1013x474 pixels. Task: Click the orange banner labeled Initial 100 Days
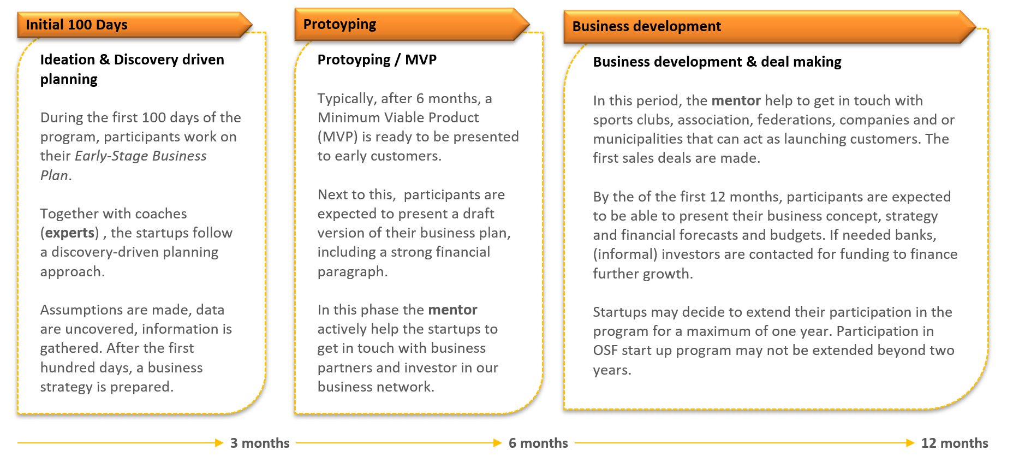click(135, 25)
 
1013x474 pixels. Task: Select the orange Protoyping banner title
click(412, 25)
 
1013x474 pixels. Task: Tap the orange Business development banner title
click(770, 26)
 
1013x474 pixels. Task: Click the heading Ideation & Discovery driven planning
click(132, 69)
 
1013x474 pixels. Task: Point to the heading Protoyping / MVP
click(377, 60)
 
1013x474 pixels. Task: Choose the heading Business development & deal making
click(717, 62)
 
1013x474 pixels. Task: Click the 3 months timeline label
click(260, 443)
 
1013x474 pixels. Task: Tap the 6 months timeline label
click(538, 443)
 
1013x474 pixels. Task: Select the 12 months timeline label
click(955, 443)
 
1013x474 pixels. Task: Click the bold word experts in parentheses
click(70, 233)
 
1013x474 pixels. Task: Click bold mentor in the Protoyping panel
click(452, 310)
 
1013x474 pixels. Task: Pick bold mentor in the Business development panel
click(736, 100)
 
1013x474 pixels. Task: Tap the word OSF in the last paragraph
click(605, 350)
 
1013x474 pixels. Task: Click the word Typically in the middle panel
click(347, 99)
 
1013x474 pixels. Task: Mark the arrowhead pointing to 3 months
click(219, 443)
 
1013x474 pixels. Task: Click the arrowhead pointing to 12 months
click(910, 443)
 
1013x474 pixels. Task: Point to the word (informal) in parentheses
click(625, 254)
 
